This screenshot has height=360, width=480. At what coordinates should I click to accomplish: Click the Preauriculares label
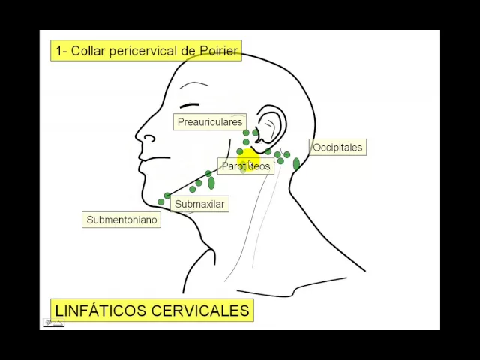pos(210,121)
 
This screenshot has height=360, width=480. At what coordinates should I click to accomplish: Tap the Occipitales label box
pos(337,148)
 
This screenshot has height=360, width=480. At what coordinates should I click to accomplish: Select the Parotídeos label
pos(245,166)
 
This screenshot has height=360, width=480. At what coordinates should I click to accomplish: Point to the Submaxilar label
pos(199,204)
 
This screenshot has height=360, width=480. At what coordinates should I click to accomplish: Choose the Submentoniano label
pos(121,220)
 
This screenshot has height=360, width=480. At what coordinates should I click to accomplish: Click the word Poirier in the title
pos(219,51)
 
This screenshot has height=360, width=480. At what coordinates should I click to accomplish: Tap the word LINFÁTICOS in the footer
pos(100,310)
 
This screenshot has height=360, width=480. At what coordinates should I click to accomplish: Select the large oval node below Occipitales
pos(296,164)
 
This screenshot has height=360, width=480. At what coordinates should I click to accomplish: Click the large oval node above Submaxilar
pos(211,183)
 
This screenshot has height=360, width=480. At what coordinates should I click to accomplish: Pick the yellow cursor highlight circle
pos(248,160)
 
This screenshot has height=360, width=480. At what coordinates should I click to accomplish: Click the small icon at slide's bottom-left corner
pos(53,322)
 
